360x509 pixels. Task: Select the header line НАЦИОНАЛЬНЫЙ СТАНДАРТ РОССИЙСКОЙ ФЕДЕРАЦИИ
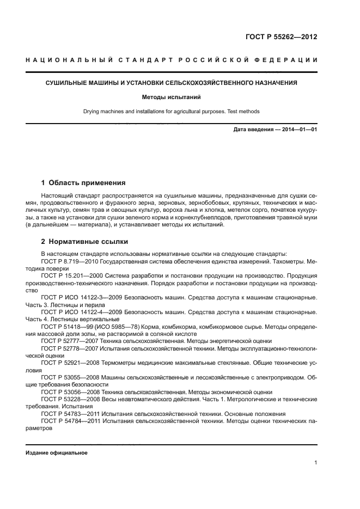(x=172, y=60)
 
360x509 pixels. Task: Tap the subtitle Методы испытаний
(x=172, y=98)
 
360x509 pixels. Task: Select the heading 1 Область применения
(x=84, y=183)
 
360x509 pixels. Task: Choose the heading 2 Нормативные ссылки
(x=84, y=241)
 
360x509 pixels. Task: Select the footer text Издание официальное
(x=56, y=453)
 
